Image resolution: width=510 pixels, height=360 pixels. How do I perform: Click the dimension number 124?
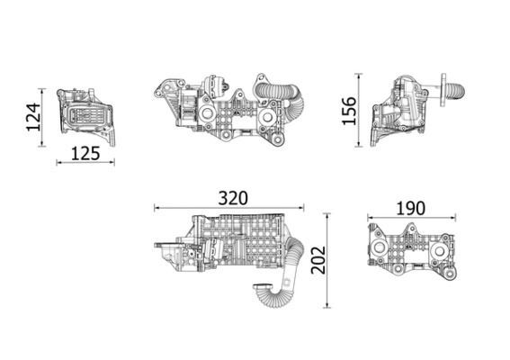point(33,117)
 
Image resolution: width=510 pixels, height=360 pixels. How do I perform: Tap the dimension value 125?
point(85,152)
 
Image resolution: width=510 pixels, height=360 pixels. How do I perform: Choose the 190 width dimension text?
point(410,208)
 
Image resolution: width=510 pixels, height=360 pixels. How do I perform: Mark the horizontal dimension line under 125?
point(85,163)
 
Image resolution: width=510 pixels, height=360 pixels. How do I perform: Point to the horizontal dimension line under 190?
point(411,218)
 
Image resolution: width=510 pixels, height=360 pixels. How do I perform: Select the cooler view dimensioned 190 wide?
point(409,252)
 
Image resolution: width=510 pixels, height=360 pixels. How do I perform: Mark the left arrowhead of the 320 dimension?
point(155,208)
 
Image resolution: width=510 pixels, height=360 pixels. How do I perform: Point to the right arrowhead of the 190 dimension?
point(453,218)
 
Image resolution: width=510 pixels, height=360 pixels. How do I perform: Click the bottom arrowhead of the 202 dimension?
point(327,309)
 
